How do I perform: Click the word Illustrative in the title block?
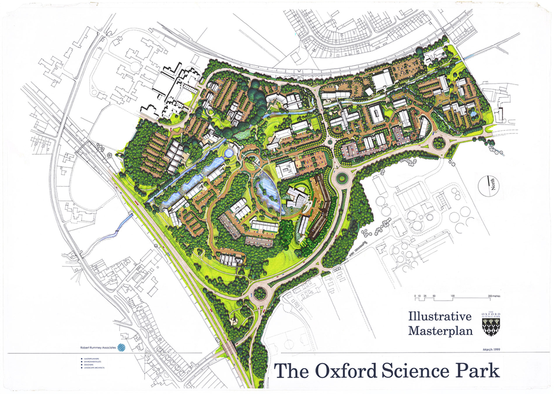pos(439,317)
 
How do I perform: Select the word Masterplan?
pos(440,331)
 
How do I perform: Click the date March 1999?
pos(491,349)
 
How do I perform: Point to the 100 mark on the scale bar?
pos(453,296)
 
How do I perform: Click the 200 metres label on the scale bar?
pos(494,296)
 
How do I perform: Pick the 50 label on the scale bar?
pos(434,296)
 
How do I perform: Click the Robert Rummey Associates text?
pos(98,348)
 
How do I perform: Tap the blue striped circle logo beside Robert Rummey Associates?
pos(121,348)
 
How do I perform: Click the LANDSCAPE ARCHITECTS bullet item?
pos(94,368)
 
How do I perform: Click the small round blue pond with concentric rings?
pos(229,152)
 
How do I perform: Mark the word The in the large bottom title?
pos(291,371)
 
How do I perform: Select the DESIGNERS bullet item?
pos(89,365)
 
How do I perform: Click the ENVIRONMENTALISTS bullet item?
pos(92,362)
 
